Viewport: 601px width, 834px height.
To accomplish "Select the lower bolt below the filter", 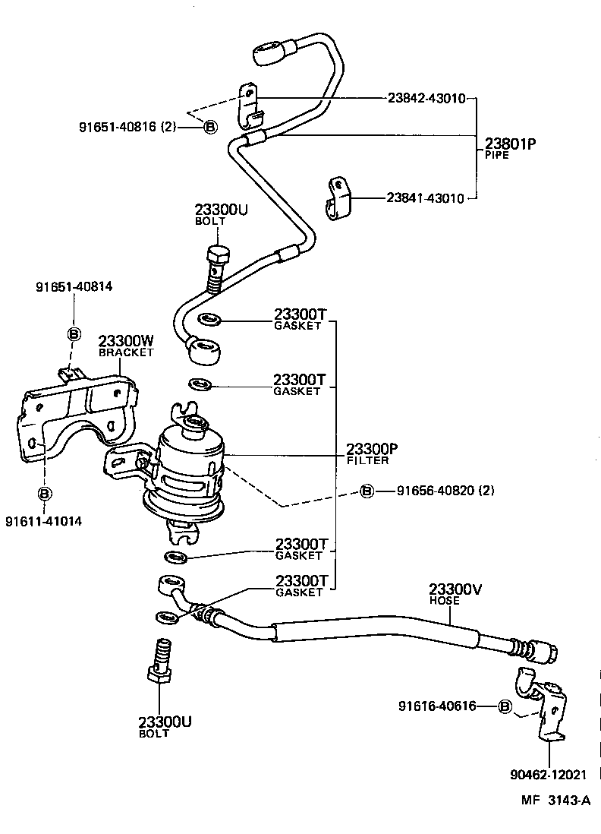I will (161, 659).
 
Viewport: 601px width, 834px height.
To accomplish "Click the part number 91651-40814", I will (74, 287).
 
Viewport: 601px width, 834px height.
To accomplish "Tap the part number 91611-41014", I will (43, 520).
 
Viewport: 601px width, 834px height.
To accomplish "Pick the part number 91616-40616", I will (437, 706).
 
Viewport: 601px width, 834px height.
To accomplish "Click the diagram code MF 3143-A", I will (555, 800).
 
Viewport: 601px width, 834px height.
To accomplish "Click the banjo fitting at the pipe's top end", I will (266, 54).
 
